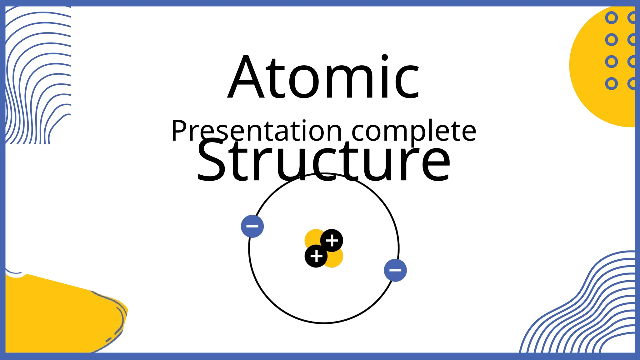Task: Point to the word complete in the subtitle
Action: [414, 131]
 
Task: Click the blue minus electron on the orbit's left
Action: [252, 226]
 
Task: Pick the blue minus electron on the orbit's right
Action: [395, 270]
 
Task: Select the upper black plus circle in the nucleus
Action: [332, 241]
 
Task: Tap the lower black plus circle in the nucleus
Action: [316, 256]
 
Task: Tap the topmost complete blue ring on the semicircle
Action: [612, 18]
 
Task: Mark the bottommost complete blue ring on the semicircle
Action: [612, 84]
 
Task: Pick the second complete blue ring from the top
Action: [612, 40]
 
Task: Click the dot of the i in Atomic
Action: [385, 58]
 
